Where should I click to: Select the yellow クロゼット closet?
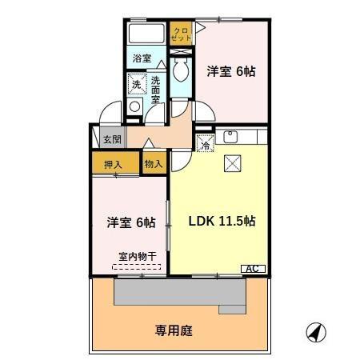click(182, 34)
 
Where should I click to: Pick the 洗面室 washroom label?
click(155, 84)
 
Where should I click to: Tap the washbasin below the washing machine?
click(134, 108)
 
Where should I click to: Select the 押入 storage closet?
click(113, 164)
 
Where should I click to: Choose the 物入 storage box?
click(153, 164)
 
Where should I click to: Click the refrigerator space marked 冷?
click(205, 145)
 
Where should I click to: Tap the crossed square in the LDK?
click(232, 163)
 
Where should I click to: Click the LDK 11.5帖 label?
click(221, 221)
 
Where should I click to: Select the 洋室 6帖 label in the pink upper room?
click(231, 72)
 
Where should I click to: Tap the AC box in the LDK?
click(253, 270)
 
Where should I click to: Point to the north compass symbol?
click(316, 330)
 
